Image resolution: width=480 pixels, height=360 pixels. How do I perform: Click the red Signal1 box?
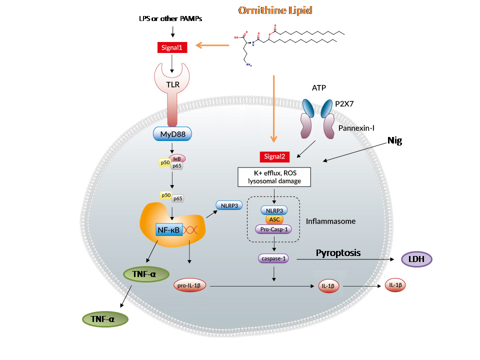pyautogui.click(x=172, y=48)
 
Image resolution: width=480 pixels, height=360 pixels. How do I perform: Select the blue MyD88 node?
pyautogui.click(x=172, y=134)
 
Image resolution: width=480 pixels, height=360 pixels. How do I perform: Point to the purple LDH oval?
pyautogui.click(x=417, y=259)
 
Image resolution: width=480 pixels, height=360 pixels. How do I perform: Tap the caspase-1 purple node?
pyautogui.click(x=273, y=258)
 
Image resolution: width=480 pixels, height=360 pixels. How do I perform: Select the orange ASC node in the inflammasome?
pyautogui.click(x=274, y=219)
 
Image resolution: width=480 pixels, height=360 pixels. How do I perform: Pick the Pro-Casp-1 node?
pyautogui.click(x=274, y=229)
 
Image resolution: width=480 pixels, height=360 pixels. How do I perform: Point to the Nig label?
pyautogui.click(x=394, y=141)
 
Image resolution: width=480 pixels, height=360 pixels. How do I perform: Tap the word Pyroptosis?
pyautogui.click(x=338, y=252)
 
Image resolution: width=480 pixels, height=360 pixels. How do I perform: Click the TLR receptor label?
pyautogui.click(x=172, y=85)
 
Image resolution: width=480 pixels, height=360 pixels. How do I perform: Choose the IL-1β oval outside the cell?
pyautogui.click(x=395, y=285)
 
